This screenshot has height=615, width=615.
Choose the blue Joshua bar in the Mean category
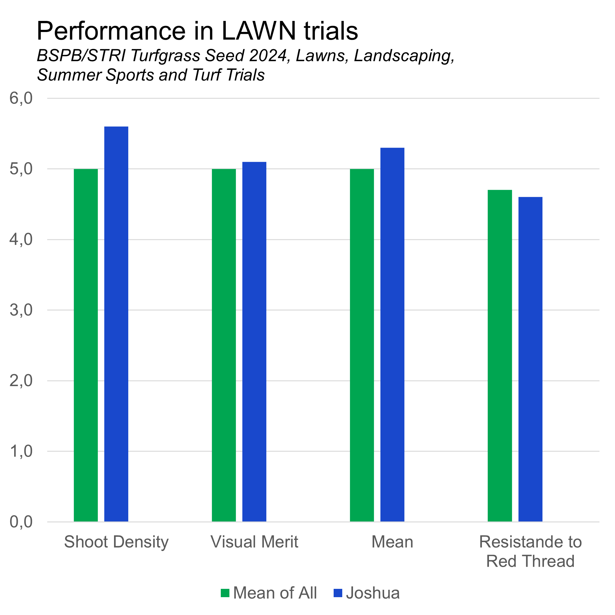coord(392,334)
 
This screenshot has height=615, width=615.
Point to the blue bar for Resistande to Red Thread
coord(530,359)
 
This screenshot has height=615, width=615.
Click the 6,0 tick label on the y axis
coord(21,98)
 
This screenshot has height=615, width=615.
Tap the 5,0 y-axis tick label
coord(21,169)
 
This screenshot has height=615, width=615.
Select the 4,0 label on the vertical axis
coord(21,239)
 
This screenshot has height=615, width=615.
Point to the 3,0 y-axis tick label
coord(21,310)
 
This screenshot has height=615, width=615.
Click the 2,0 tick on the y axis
coord(21,381)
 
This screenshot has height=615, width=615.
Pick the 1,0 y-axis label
coord(21,451)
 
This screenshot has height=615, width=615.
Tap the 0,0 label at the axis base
coord(21,522)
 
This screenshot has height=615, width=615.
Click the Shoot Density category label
coord(116,542)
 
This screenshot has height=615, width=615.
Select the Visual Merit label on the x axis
coord(254,542)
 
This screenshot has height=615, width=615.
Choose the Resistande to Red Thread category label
coord(530,551)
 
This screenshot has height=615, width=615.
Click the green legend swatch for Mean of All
coord(225,593)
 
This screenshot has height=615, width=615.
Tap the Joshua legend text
coord(373,593)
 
